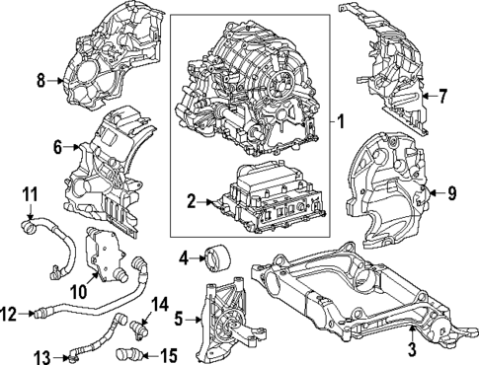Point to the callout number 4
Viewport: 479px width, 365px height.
pyautogui.click(x=184, y=259)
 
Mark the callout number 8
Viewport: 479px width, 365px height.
pyautogui.click(x=41, y=80)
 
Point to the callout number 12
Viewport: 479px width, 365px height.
pyautogui.click(x=9, y=315)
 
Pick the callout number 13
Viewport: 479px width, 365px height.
pyautogui.click(x=43, y=355)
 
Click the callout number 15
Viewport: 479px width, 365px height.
pyautogui.click(x=169, y=354)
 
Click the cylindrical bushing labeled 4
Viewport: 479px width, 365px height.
pyautogui.click(x=214, y=259)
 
